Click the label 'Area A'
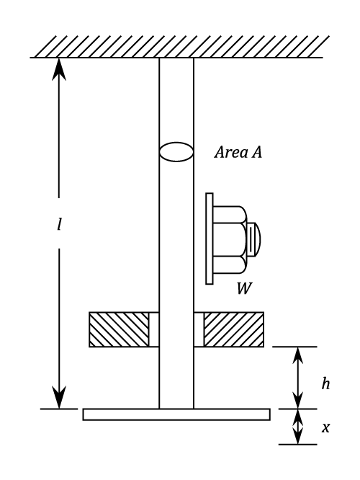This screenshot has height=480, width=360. coord(238,152)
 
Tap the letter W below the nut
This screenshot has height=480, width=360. coord(244,288)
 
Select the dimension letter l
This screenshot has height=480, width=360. coord(59,224)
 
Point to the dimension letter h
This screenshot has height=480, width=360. coord(325,383)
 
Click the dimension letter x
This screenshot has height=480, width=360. coord(325,427)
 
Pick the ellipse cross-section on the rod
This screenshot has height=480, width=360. coord(176,151)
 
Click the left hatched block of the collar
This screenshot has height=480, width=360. coord(119,329)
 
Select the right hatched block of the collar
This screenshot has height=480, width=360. coord(234,329)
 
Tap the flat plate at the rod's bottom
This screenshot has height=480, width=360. coord(176,414)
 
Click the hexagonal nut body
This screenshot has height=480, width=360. coord(230,239)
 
